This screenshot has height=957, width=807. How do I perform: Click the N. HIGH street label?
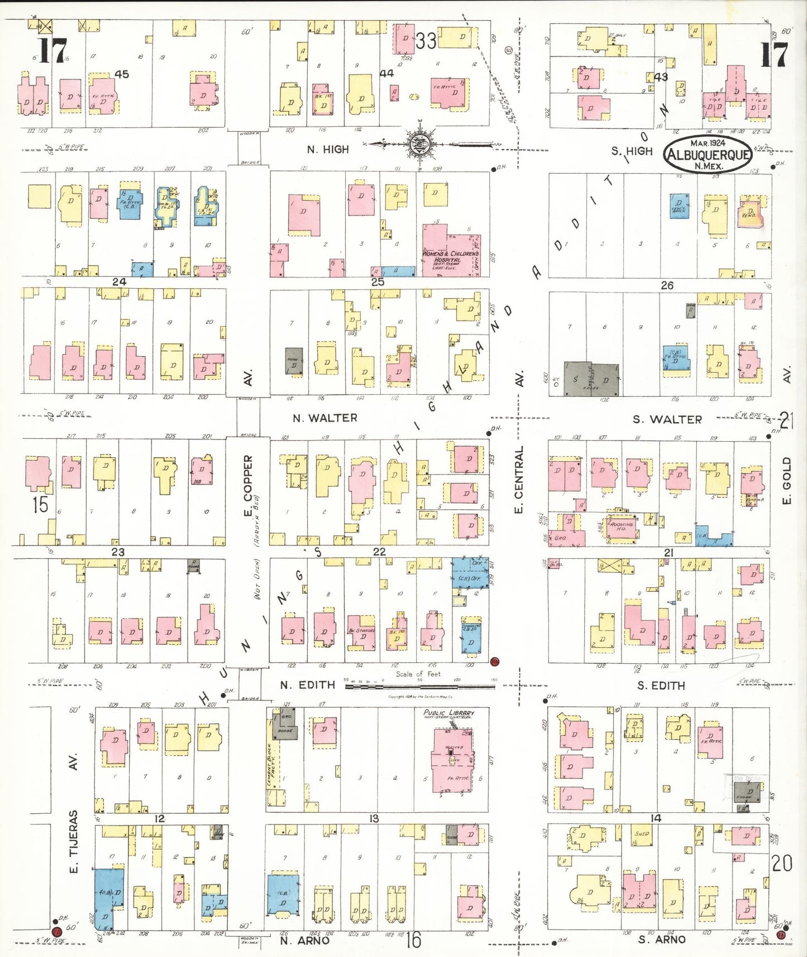(x=328, y=150)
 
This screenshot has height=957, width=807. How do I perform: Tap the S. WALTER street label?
(x=667, y=419)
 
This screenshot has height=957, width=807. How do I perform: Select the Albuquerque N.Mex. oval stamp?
(x=708, y=155)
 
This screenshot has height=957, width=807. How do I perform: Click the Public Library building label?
(x=448, y=713)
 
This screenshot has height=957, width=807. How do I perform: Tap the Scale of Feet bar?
(x=419, y=685)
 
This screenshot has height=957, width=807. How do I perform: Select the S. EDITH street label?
(x=661, y=685)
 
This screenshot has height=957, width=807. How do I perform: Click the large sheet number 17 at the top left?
(x=53, y=51)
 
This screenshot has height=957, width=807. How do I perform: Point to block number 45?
(x=121, y=74)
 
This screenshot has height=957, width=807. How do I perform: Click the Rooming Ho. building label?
(x=621, y=526)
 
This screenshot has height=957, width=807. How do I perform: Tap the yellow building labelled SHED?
(x=641, y=834)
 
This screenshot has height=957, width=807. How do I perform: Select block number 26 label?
(x=667, y=285)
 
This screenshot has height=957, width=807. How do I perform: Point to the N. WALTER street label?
(x=324, y=418)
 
